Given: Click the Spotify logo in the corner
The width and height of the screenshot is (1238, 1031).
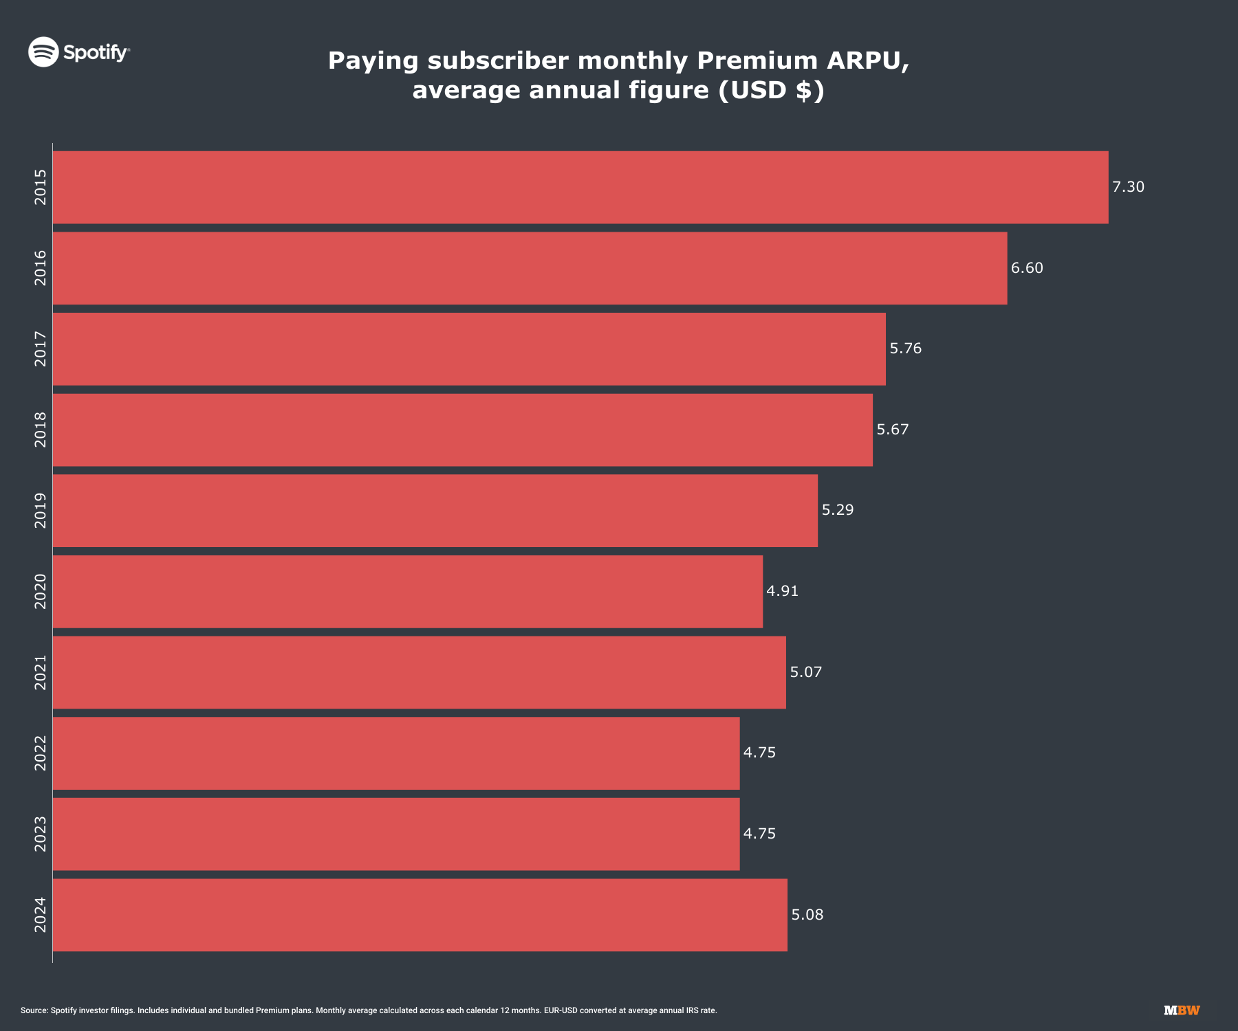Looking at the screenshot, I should point(78,52).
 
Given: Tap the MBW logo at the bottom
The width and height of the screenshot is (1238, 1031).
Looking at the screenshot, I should point(1182,1010).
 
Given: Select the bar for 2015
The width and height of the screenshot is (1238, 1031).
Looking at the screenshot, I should point(580,187).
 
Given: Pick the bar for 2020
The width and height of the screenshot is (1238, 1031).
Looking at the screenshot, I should point(408,591).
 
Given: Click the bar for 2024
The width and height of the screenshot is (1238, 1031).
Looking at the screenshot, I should point(420,915).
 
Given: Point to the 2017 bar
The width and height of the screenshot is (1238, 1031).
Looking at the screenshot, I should point(469,348).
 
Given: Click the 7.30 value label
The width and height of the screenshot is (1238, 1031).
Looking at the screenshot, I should point(1128,187).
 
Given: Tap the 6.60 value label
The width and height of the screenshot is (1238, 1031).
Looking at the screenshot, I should point(1027,268).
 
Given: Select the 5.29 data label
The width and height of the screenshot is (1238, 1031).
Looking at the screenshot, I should point(837,510).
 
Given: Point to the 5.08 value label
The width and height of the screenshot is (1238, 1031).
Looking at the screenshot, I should point(807,915).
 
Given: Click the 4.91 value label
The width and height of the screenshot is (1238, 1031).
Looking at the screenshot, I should point(782,591).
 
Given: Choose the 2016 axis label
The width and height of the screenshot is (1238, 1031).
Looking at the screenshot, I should point(41,268).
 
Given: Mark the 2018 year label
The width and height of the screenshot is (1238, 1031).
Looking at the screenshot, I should point(41,430).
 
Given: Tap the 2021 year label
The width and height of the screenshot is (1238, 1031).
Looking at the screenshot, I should point(41,672).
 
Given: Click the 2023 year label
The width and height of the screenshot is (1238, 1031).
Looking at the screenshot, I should point(41,834).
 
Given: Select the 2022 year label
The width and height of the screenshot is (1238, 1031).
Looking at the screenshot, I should point(41,753).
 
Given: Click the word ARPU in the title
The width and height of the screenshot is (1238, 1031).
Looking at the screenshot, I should point(867,60).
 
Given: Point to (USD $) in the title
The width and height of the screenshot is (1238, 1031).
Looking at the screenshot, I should point(771,90).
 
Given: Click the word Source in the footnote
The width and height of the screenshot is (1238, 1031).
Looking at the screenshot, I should point(34,1010).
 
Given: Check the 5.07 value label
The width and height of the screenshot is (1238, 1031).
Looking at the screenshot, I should point(805,672).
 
